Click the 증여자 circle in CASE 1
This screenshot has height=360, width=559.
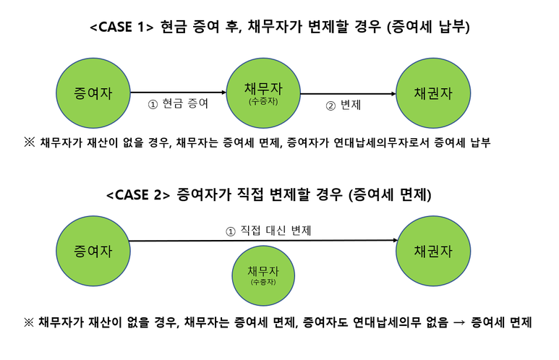93,93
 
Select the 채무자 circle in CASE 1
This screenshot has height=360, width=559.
263,93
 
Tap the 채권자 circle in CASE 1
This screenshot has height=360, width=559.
433,93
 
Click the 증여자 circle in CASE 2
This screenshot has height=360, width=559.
93,251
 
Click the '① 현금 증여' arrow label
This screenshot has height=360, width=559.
178,105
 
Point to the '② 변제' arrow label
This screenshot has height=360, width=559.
345,106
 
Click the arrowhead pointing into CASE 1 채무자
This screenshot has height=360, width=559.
223,93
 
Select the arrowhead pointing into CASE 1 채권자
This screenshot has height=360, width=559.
393,93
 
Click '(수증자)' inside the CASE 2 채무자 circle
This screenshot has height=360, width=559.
263,282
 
